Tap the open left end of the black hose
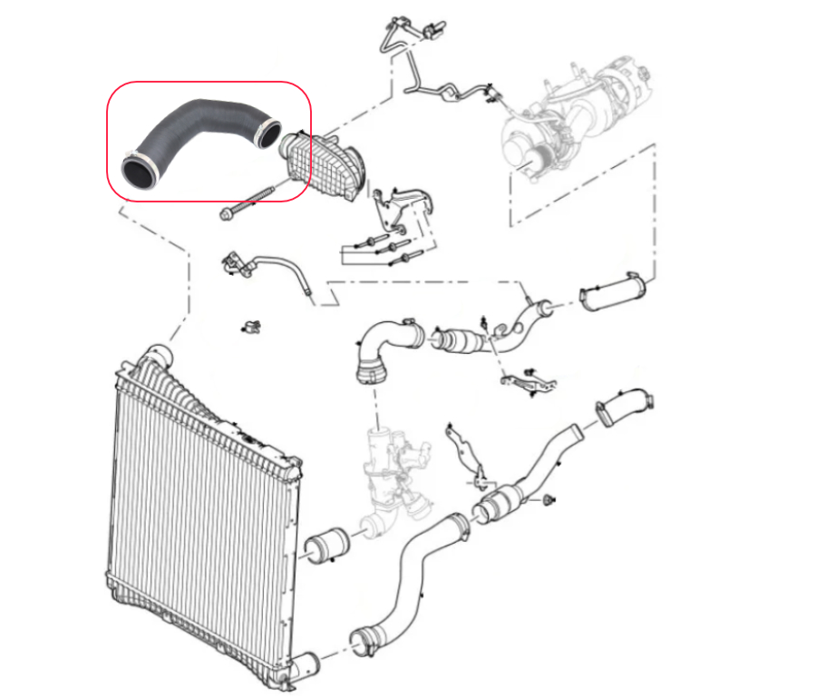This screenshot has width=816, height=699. (138, 172)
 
